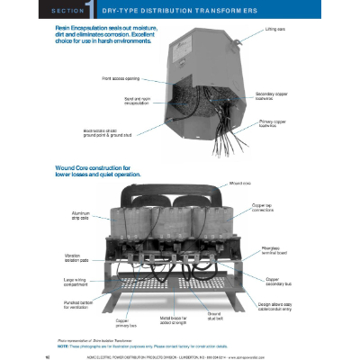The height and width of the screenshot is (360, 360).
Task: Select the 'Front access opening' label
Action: tap(138, 78)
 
